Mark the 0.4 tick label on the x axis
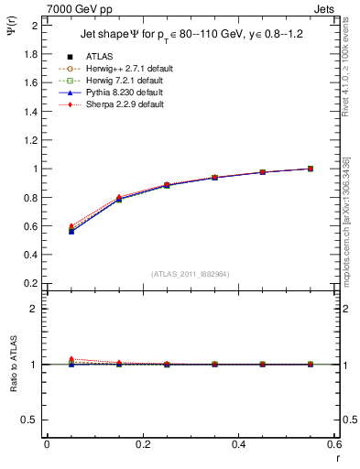pos(238,444)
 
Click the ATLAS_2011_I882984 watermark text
pos(191,273)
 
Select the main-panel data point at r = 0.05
pos(71,231)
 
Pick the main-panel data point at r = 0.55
pos(311,169)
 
